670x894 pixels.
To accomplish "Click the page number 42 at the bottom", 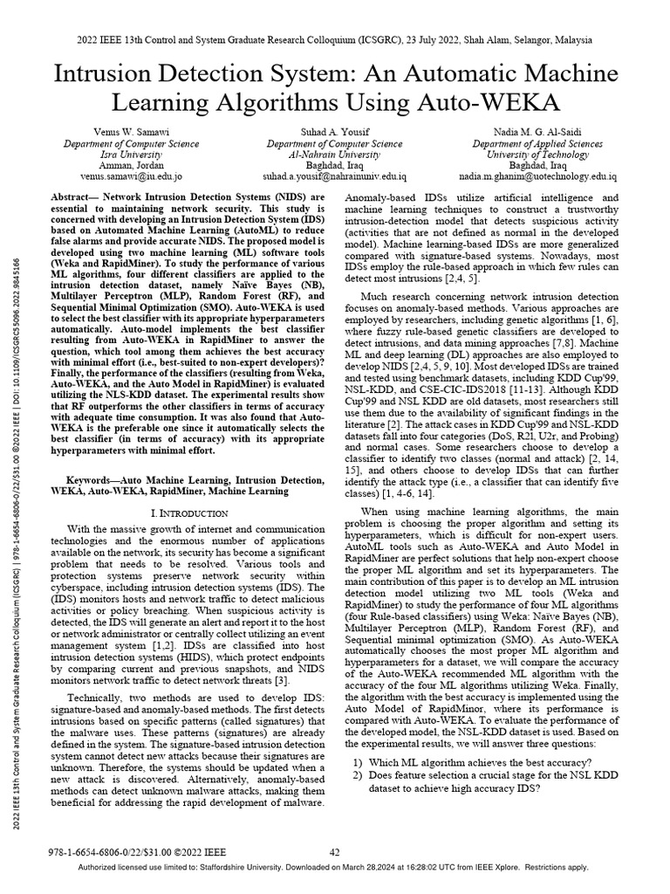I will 334,852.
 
